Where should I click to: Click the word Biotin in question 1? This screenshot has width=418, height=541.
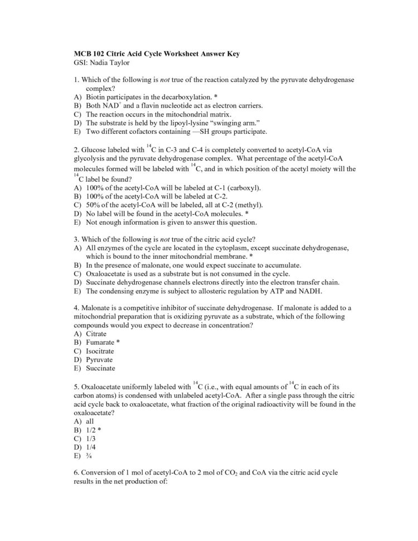pos(96,96)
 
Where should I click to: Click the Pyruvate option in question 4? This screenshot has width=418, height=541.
pos(99,360)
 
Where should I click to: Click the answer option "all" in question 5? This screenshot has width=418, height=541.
pos(90,422)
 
